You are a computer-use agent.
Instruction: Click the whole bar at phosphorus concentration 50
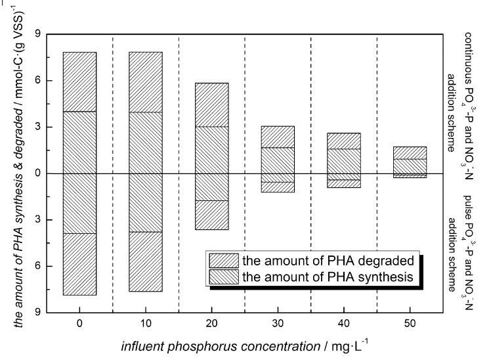coord(410,162)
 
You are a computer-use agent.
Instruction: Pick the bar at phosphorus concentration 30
coord(278,159)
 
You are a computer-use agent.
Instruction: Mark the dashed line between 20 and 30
coord(245,173)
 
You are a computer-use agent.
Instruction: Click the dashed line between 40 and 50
coord(377,173)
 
